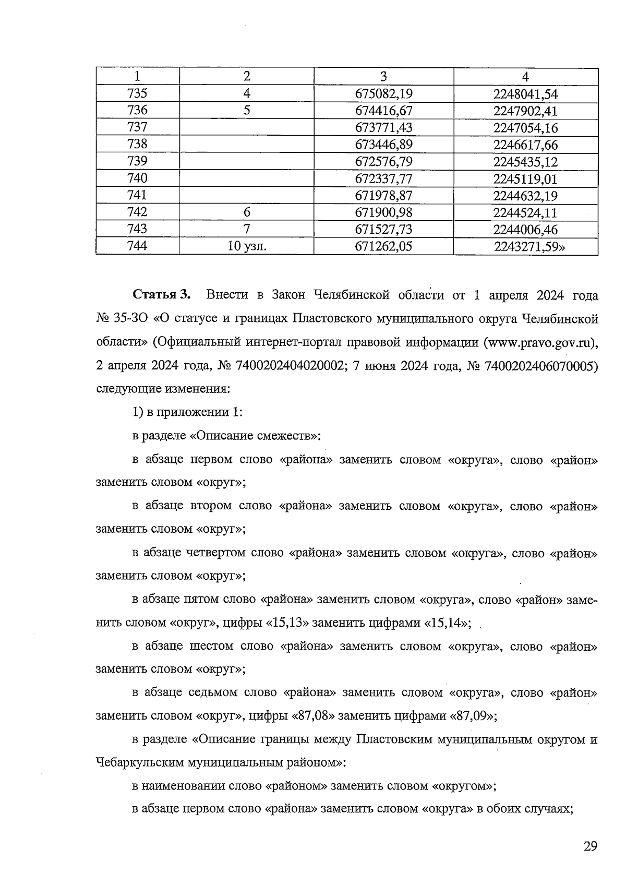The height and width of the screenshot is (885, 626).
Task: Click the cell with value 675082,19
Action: coord(383,94)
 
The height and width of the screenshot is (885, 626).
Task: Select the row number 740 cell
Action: coord(137,178)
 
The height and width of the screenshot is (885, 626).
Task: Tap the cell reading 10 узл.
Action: coord(247,246)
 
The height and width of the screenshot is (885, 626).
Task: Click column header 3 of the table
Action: coord(383,77)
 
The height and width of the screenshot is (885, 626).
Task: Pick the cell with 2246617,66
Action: coord(525,145)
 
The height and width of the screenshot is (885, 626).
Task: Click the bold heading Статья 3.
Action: coord(162,295)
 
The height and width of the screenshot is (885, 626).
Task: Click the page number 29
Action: coord(590,846)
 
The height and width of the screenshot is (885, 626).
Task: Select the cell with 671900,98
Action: coord(383,212)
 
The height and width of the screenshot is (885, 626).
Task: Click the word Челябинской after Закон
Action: coord(353,295)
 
